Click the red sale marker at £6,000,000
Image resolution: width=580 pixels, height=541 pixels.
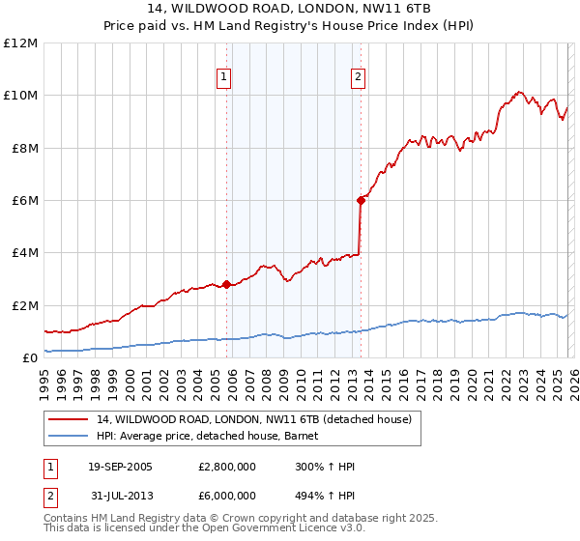point(361,200)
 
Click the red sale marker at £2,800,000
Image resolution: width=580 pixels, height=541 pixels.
point(227,284)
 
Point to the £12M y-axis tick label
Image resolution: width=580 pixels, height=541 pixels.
point(20,43)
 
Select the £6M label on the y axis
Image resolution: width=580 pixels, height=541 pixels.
point(24,201)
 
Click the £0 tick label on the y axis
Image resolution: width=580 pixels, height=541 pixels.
point(29,358)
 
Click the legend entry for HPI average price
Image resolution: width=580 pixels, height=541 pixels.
point(214,436)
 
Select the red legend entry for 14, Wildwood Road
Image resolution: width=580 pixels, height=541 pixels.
point(254,419)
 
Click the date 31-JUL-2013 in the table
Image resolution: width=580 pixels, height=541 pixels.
point(122,495)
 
